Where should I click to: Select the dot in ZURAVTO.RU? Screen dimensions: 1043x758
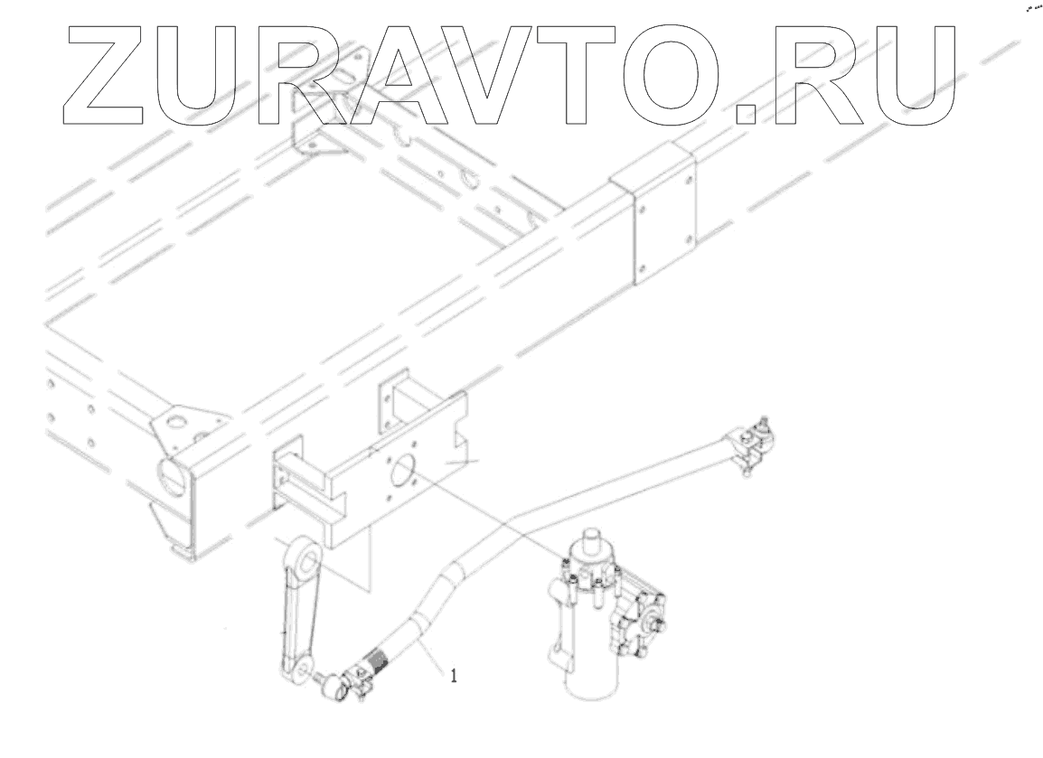point(745,112)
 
